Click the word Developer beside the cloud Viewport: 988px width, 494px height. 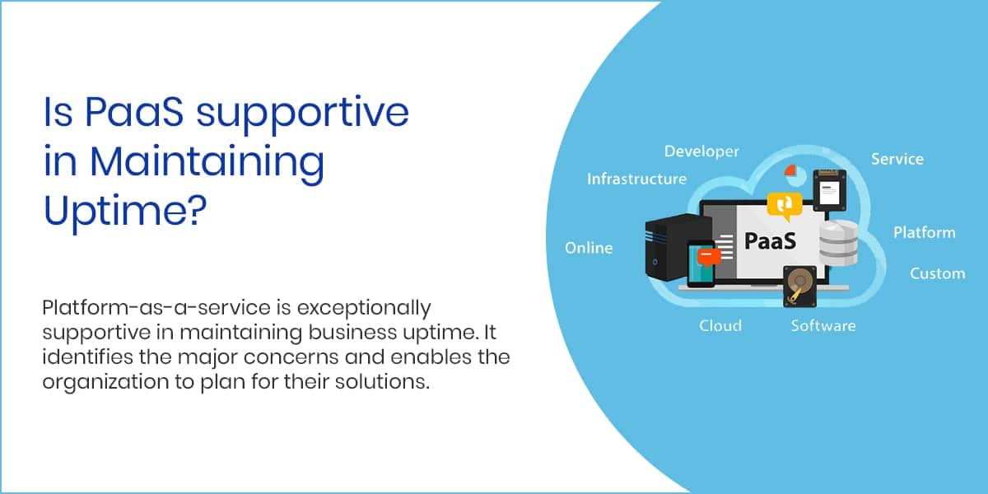tap(701, 151)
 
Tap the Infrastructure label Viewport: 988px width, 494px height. tap(636, 179)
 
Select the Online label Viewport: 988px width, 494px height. tap(589, 248)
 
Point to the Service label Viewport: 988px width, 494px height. tap(897, 159)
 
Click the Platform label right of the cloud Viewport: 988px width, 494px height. tap(925, 232)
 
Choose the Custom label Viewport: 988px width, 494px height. tap(937, 273)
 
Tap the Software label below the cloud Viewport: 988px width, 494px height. tap(823, 326)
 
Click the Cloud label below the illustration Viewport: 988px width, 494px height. tap(720, 326)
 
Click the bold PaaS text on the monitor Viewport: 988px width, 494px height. tap(770, 240)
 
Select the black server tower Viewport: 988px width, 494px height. tap(675, 247)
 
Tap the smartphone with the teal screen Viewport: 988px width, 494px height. tap(701, 263)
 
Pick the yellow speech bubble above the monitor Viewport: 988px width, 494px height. tap(785, 206)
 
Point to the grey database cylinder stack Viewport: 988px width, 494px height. tap(838, 244)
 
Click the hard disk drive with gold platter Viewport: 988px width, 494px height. tap(799, 287)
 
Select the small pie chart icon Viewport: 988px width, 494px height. tap(795, 175)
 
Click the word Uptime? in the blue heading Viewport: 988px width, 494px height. tap(125, 211)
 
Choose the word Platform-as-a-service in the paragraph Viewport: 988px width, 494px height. tap(156, 307)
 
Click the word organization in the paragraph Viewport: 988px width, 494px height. tap(105, 382)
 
